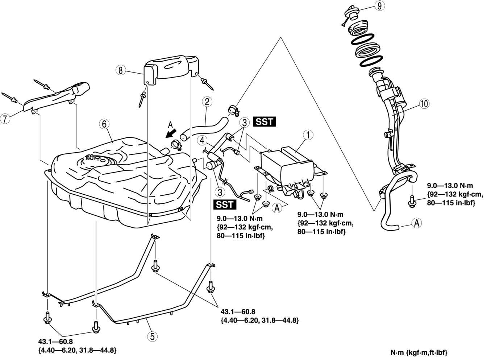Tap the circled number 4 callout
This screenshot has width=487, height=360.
201,140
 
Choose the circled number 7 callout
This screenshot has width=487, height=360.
5,118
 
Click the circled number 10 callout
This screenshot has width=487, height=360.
424,104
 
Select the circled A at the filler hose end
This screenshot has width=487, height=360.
417,223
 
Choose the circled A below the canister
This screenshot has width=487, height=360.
276,208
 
